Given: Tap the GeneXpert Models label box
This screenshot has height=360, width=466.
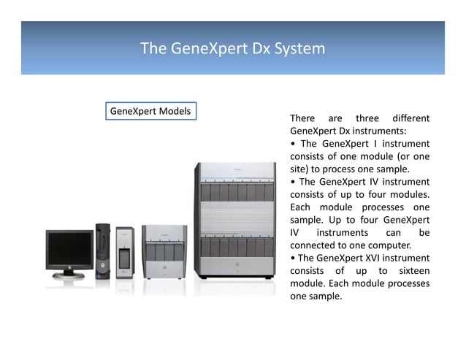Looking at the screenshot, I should pos(150,112).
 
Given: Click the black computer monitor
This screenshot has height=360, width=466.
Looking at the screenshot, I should pos(69,252).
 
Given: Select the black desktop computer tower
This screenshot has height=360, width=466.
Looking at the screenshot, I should pos(102,252).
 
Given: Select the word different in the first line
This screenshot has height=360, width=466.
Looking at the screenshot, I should pos(410,118).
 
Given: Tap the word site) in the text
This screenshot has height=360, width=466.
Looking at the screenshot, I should pos(299,169).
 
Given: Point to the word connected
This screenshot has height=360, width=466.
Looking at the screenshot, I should pos(316,245).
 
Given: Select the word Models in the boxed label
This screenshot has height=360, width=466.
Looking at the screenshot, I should pos(174,112).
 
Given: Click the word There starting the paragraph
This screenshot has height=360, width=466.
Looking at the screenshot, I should pos(302,118).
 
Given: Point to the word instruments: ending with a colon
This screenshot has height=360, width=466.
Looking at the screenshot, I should pos(344,131).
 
